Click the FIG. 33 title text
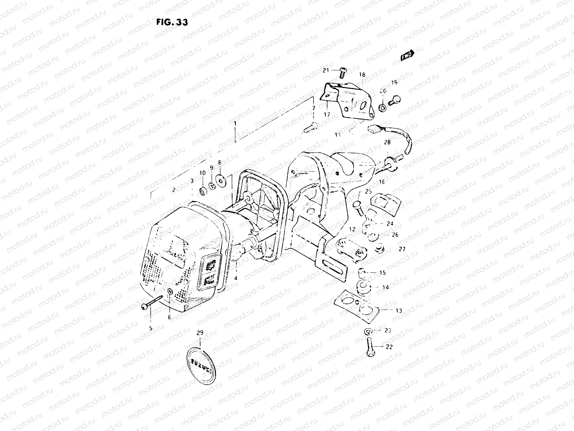(x=172, y=22)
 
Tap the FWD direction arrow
(x=408, y=55)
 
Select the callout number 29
(x=200, y=333)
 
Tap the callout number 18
(x=362, y=75)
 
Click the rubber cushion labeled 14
(x=362, y=288)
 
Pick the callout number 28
(x=387, y=142)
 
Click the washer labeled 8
(x=219, y=178)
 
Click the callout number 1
(x=235, y=124)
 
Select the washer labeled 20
(x=383, y=107)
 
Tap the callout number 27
(x=402, y=249)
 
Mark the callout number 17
(x=326, y=115)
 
